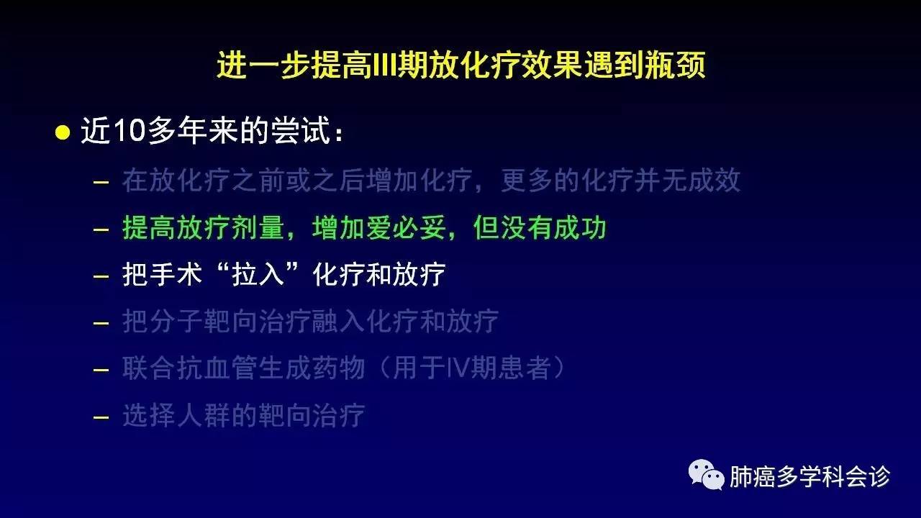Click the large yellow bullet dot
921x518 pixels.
63,132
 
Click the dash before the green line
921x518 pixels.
101,230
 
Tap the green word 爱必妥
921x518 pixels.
379,228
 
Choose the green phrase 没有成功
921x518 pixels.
553,228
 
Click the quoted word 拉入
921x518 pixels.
258,274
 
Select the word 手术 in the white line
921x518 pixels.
176,274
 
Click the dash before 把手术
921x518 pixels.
101,276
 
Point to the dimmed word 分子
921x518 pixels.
176,321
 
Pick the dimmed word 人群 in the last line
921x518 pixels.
204,415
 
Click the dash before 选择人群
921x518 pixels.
101,417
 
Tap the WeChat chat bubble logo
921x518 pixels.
707,475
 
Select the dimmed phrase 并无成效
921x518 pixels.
687,180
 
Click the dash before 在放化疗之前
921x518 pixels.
101,182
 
